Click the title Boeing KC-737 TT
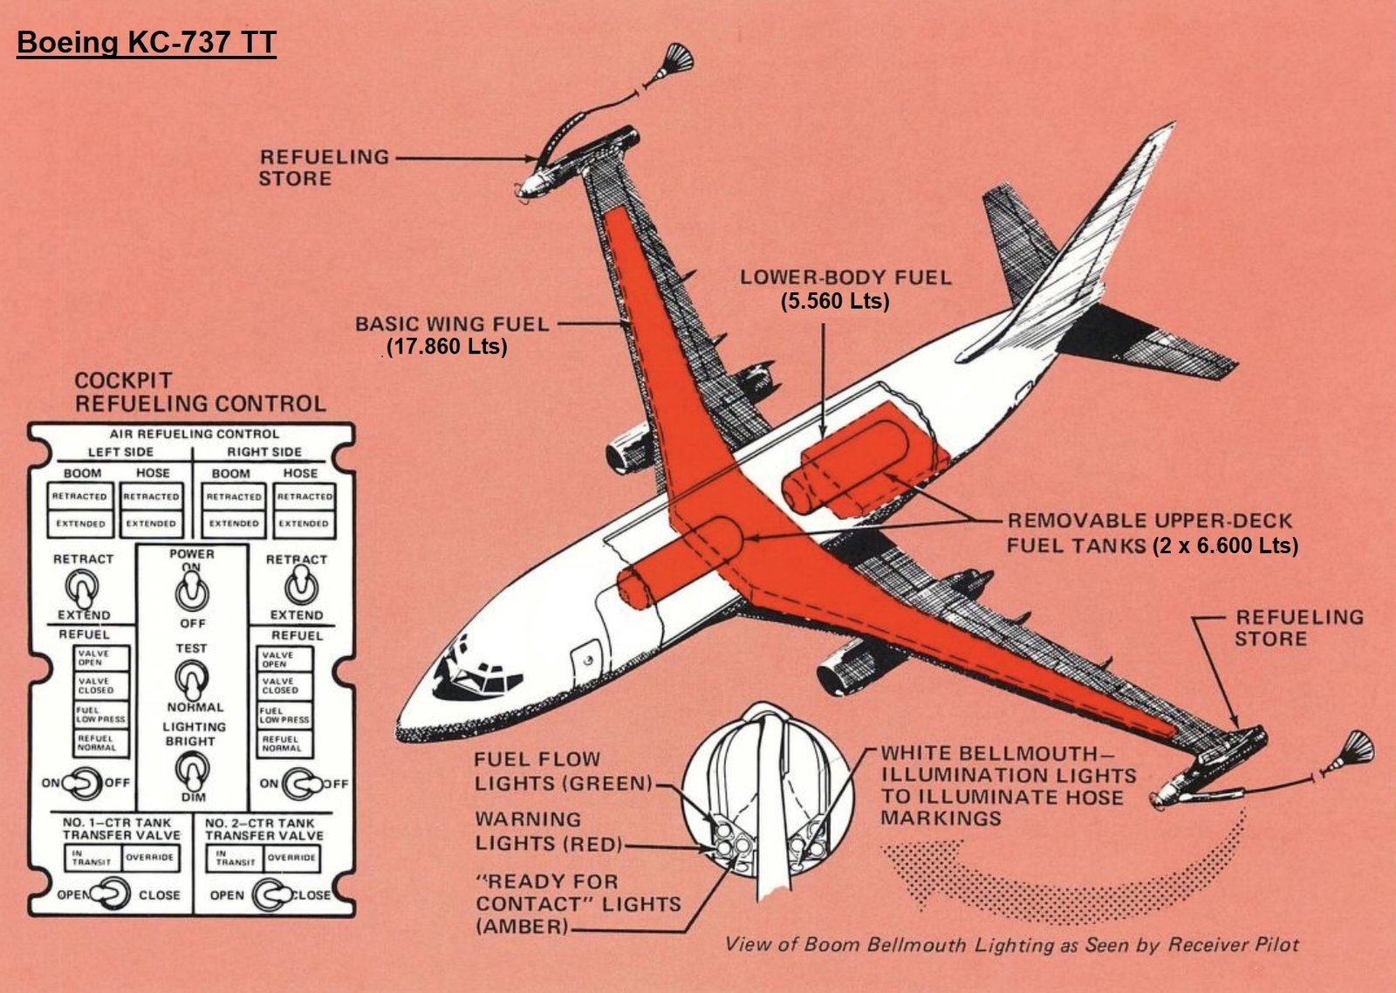[x=147, y=43]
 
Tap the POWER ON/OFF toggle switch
[x=191, y=593]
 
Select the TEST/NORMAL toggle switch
[x=191, y=677]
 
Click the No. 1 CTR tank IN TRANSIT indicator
[x=92, y=858]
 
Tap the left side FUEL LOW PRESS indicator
[x=100, y=715]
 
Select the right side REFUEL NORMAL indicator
[x=284, y=743]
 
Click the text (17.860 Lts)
[x=447, y=346]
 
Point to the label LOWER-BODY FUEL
[x=845, y=277]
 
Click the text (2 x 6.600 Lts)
[x=1224, y=546]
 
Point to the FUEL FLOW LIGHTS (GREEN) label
[x=563, y=771]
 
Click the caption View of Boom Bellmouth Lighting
[x=1011, y=944]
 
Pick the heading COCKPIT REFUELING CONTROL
[x=200, y=392]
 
